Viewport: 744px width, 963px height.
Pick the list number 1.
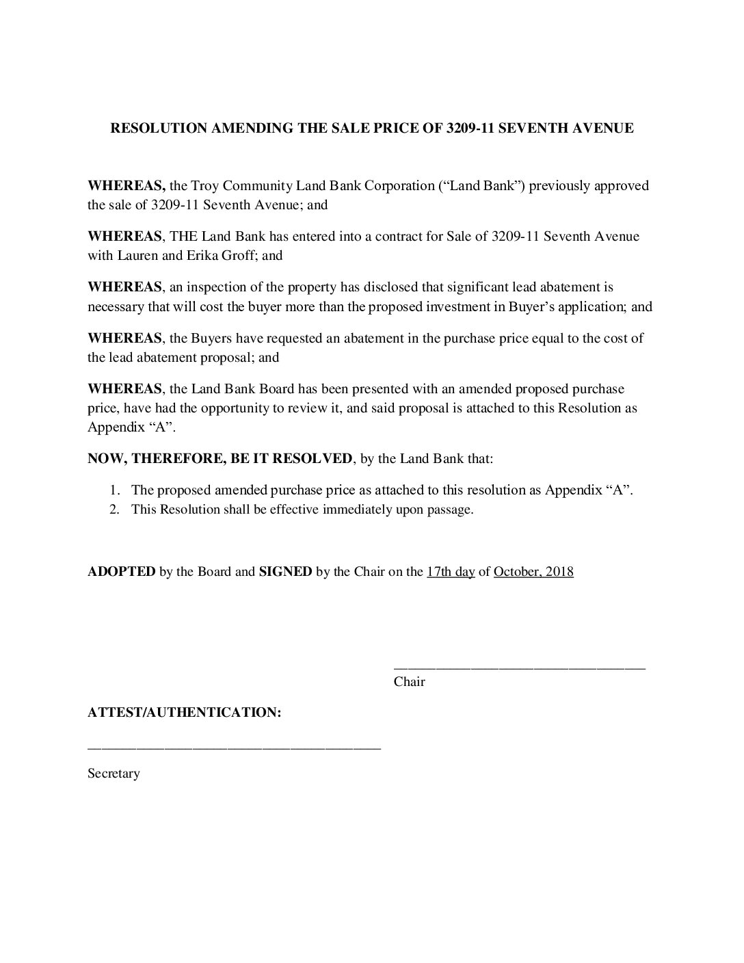116,490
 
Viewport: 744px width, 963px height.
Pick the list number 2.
116,510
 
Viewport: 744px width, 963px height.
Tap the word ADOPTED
122,572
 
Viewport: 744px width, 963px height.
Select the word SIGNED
285,572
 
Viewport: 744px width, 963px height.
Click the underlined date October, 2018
533,572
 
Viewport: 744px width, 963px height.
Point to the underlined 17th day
451,572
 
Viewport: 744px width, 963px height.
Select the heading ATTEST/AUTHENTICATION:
185,713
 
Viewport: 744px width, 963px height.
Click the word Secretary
114,774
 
